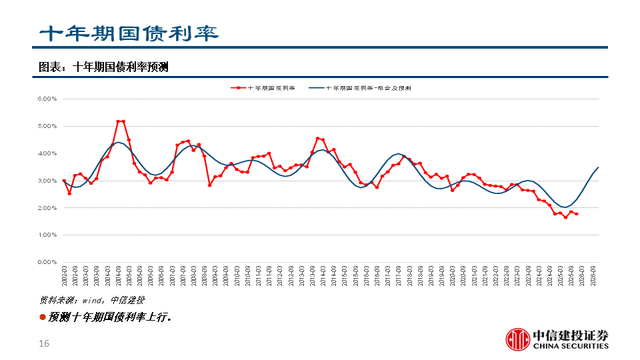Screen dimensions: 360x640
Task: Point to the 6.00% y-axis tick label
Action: (x=49, y=99)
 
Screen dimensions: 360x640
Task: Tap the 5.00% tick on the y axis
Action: (x=49, y=126)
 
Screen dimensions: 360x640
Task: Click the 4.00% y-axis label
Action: (x=49, y=153)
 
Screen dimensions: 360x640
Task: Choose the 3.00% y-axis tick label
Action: (x=49, y=181)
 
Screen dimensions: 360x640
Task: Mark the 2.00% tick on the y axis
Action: (x=49, y=208)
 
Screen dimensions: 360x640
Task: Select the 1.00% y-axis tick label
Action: (x=49, y=235)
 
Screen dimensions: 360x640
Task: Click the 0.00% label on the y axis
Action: (x=49, y=262)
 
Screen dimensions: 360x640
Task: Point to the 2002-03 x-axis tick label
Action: (x=65, y=276)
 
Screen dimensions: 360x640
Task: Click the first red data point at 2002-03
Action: (x=64, y=181)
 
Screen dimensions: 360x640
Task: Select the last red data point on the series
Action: (x=576, y=214)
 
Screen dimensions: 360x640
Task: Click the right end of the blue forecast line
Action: (x=598, y=167)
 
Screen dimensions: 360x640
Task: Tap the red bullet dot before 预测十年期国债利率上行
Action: (x=43, y=317)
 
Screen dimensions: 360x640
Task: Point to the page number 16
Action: (x=45, y=344)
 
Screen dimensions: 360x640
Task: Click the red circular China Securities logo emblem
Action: (x=517, y=339)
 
